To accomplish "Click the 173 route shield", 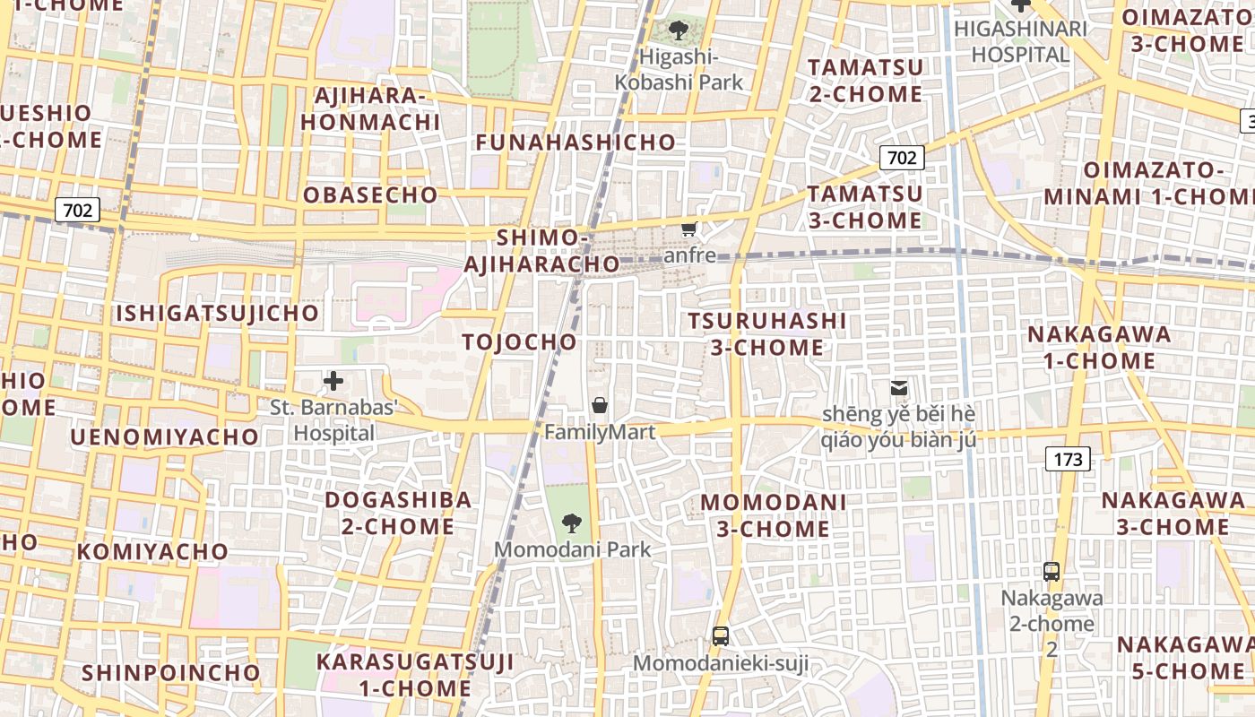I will [1067, 460].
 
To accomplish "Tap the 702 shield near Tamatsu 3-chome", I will [902, 159].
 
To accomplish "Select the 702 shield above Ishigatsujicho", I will [78, 211].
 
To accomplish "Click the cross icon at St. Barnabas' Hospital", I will [333, 381].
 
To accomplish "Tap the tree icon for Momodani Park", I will [571, 523].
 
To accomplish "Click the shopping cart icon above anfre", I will [688, 229].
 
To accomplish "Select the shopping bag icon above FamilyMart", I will [600, 406].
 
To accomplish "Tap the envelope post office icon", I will [898, 388].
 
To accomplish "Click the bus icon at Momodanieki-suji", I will [720, 636].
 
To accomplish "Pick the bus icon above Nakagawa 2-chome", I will [1052, 571].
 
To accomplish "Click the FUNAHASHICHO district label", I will [576, 143].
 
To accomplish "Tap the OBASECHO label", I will [370, 195].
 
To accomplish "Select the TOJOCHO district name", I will [520, 341].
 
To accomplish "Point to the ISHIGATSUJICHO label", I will [217, 313].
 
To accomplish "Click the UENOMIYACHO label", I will [164, 436].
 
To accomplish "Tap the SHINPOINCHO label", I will [170, 672].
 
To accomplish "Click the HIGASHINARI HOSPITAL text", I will [1021, 41].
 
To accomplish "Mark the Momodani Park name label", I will [573, 549].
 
